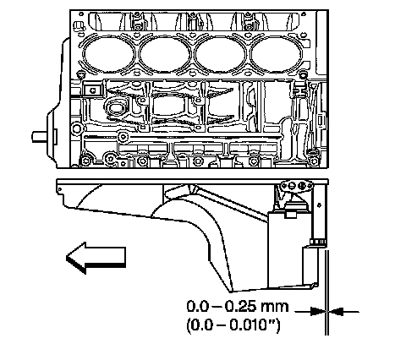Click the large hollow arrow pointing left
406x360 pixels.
click(x=96, y=258)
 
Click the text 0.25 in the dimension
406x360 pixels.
click(x=240, y=307)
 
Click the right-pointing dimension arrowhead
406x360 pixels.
click(x=317, y=312)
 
